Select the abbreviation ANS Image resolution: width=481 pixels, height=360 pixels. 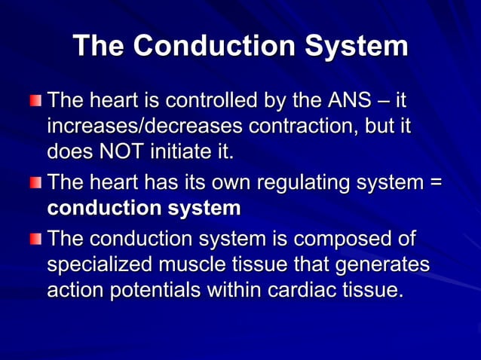tap(346, 100)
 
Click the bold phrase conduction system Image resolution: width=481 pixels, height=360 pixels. tap(143, 208)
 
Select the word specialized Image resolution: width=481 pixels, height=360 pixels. tap(101, 265)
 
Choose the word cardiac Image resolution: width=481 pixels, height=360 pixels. tap(304, 290)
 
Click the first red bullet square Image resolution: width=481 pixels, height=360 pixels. tap(37, 101)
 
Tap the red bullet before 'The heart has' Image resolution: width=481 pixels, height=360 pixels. tap(37, 183)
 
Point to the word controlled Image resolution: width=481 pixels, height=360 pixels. tap(209, 100)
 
